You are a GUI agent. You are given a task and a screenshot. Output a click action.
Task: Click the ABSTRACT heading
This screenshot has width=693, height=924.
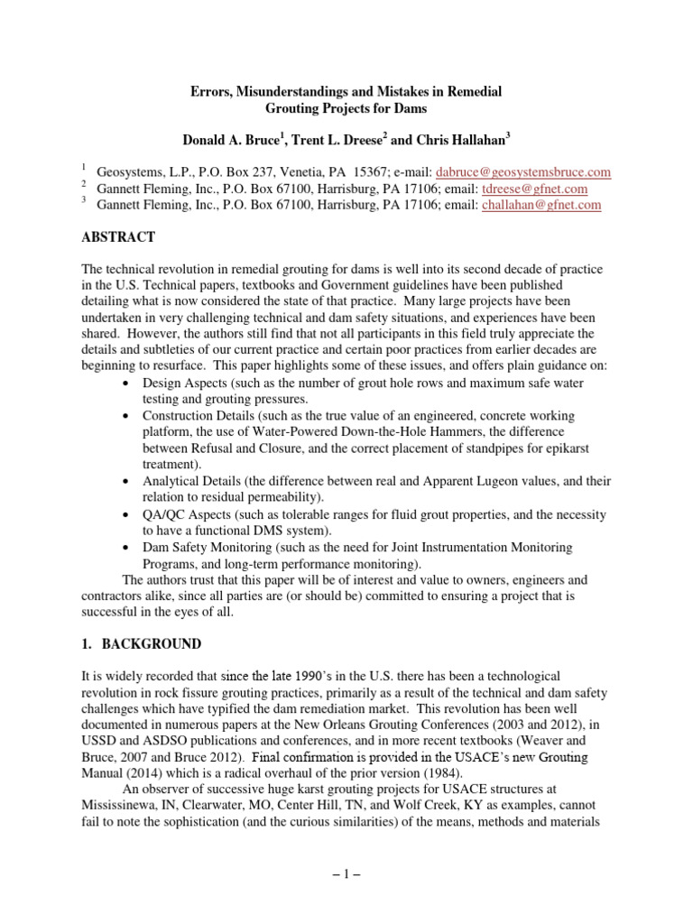pos(118,237)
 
